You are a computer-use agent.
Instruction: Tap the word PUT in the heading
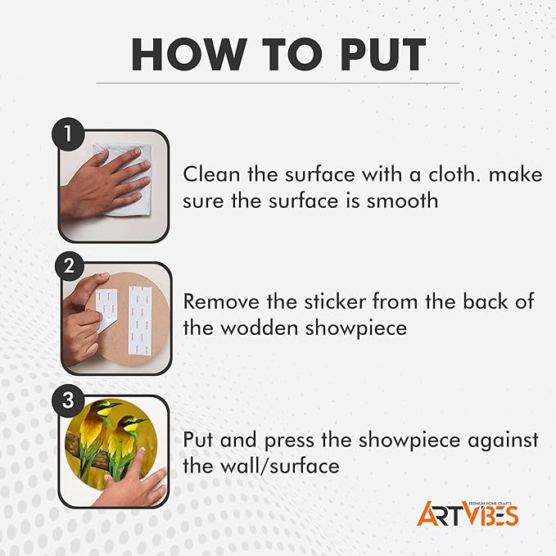383,54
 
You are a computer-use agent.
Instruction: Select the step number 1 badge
68,134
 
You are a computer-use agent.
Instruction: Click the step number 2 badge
69,265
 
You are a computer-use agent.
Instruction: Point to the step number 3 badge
68,400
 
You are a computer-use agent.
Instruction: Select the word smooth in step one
402,201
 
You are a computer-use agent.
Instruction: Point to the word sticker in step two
335,302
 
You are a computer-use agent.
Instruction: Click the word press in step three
289,441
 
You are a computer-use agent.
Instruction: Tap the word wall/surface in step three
280,466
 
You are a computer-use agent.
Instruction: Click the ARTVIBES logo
468,514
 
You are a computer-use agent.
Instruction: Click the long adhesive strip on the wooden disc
140,320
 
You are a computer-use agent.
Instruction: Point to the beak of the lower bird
141,421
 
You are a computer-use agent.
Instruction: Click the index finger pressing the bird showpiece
136,461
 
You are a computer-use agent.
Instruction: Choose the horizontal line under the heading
278,84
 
